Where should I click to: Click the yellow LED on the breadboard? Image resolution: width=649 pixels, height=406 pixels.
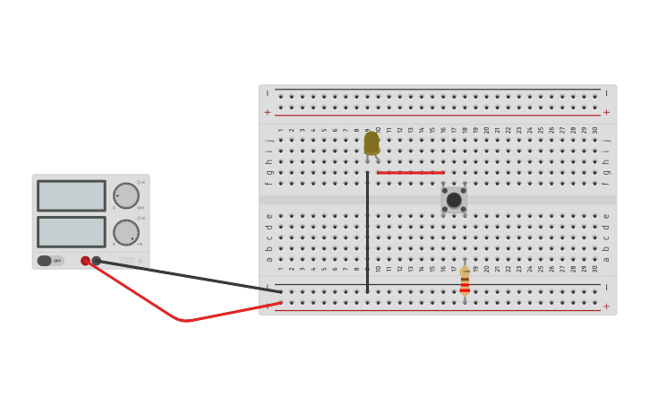tap(371, 143)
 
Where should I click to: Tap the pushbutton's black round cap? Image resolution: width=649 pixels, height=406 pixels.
tap(454, 200)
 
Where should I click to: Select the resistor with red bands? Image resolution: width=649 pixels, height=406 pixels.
tap(465, 282)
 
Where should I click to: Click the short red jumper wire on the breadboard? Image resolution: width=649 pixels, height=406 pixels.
tap(410, 172)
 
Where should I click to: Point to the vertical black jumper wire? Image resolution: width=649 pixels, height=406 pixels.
tap(367, 233)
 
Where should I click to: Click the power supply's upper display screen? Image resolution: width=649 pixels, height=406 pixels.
tap(72, 195)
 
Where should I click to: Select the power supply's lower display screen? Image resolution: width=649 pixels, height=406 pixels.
tap(72, 231)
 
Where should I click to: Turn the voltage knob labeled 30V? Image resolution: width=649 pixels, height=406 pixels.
tap(126, 195)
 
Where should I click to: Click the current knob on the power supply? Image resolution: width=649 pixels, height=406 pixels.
tap(126, 233)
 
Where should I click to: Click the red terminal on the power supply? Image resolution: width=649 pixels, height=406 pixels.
tap(85, 261)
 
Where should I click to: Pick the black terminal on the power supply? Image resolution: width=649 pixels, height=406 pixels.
tap(97, 261)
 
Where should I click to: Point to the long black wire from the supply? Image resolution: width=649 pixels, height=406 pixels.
tap(188, 276)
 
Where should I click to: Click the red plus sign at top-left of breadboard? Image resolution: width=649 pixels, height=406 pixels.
tap(267, 112)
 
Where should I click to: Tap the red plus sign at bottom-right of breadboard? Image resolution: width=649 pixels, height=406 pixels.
tap(606, 307)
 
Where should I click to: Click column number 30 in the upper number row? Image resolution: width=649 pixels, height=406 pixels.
tap(595, 130)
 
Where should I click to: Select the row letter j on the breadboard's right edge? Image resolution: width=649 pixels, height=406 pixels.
tap(606, 140)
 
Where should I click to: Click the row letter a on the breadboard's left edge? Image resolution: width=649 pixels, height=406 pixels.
tap(269, 259)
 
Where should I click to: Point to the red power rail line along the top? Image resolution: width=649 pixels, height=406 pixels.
tap(439, 116)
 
